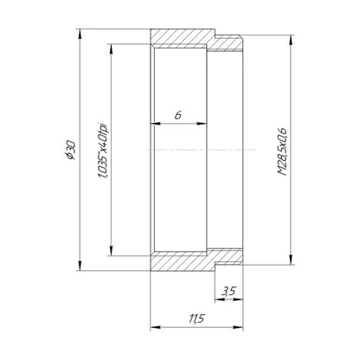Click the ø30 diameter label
(x=71, y=150)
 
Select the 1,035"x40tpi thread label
(x=103, y=150)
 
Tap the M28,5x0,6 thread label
(x=282, y=151)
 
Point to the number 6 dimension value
(x=178, y=115)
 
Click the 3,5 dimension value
(x=228, y=291)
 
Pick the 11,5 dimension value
(x=196, y=318)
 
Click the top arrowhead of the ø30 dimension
(x=80, y=34)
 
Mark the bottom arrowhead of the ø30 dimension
(x=80, y=266)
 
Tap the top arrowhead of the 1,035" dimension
(x=111, y=48)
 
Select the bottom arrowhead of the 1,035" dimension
(x=111, y=251)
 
